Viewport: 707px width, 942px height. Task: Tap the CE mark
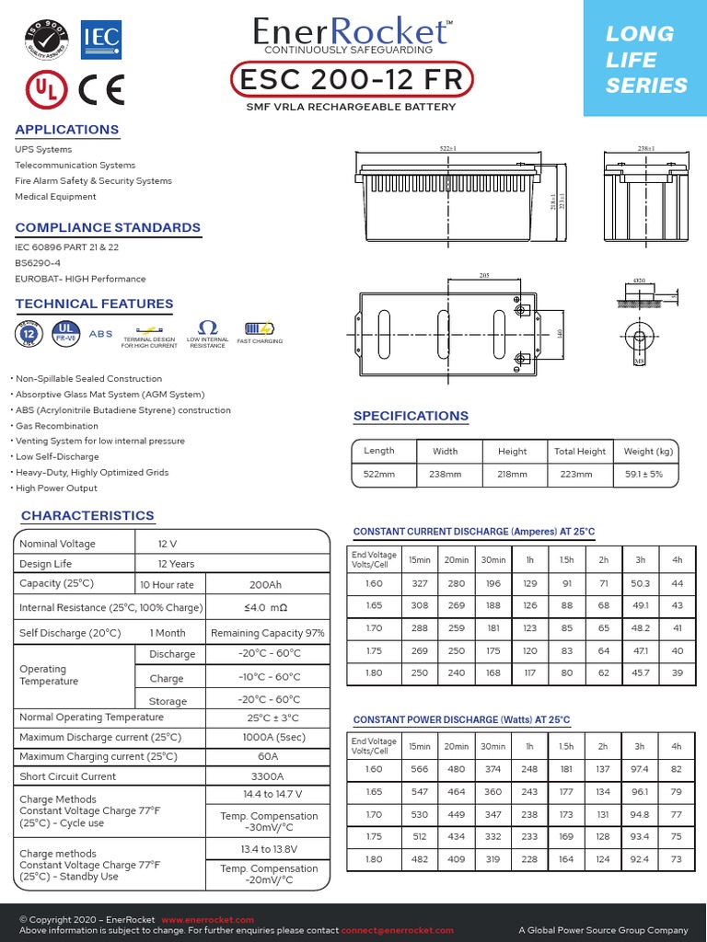(x=101, y=89)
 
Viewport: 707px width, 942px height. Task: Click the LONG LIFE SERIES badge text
(x=645, y=60)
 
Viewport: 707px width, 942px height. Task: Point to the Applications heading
(x=67, y=130)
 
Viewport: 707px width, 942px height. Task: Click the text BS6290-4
(x=38, y=263)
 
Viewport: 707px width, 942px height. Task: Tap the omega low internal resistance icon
(x=207, y=328)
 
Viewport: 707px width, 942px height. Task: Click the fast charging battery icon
(x=260, y=328)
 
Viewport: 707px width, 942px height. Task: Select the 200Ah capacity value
(x=267, y=584)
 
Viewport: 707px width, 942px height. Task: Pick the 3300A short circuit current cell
(x=267, y=776)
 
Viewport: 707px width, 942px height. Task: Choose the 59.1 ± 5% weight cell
(x=648, y=475)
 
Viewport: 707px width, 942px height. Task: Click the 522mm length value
(x=378, y=475)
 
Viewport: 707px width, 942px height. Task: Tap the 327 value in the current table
(x=419, y=584)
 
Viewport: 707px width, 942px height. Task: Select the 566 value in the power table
(x=419, y=769)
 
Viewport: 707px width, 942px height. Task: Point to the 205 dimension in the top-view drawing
(x=485, y=276)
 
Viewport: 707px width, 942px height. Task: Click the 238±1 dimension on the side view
(x=645, y=148)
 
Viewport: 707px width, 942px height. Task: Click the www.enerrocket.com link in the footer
(x=207, y=920)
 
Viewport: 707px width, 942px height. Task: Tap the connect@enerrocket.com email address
(x=397, y=931)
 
